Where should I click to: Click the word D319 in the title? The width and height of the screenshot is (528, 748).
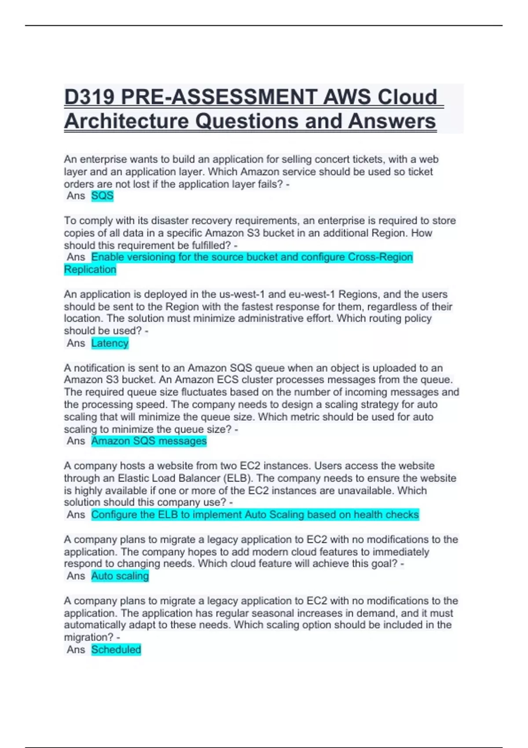[89, 97]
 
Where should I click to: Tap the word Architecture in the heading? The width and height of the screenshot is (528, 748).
[126, 121]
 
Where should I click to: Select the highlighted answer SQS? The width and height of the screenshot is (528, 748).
[102, 196]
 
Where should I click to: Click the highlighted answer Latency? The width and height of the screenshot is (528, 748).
[110, 343]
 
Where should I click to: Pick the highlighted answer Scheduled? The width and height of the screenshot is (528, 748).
[116, 649]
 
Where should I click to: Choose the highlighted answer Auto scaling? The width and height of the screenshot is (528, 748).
[120, 576]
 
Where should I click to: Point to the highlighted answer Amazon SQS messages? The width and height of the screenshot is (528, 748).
[149, 441]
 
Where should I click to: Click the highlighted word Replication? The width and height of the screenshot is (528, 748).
[90, 269]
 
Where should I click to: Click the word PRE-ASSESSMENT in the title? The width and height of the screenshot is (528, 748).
[218, 97]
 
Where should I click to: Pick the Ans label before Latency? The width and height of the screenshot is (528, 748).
[76, 343]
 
